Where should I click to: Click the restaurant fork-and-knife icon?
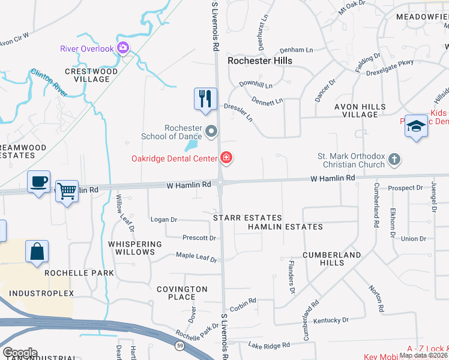[x=205, y=99]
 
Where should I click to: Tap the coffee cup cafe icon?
[x=38, y=181]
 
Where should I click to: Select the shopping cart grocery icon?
[x=67, y=191]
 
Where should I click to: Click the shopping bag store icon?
[x=37, y=251]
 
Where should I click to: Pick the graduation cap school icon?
[x=415, y=126]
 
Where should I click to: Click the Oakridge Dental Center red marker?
[x=226, y=158]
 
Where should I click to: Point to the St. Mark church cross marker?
[x=394, y=160]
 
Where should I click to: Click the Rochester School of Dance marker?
[x=211, y=130]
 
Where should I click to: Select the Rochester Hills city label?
[x=260, y=61]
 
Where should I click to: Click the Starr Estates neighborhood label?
[x=247, y=218]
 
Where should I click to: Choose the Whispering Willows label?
[x=135, y=248]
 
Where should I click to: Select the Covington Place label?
[x=182, y=293]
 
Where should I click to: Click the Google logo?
[x=20, y=353]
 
